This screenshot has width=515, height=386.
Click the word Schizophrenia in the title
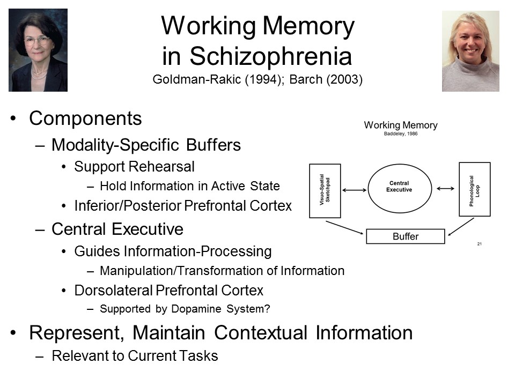click(271, 56)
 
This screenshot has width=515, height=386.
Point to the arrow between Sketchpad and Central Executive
click(355, 190)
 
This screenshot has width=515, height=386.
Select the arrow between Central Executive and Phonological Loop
click(446, 188)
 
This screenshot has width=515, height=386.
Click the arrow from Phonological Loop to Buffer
click(461, 227)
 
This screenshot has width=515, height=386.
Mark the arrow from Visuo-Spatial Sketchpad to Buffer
click(344, 227)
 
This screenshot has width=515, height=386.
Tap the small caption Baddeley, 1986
click(401, 133)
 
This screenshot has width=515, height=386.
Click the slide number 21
click(480, 244)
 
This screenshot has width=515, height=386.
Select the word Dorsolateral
click(113, 291)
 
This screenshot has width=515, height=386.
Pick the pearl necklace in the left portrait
click(39, 75)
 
